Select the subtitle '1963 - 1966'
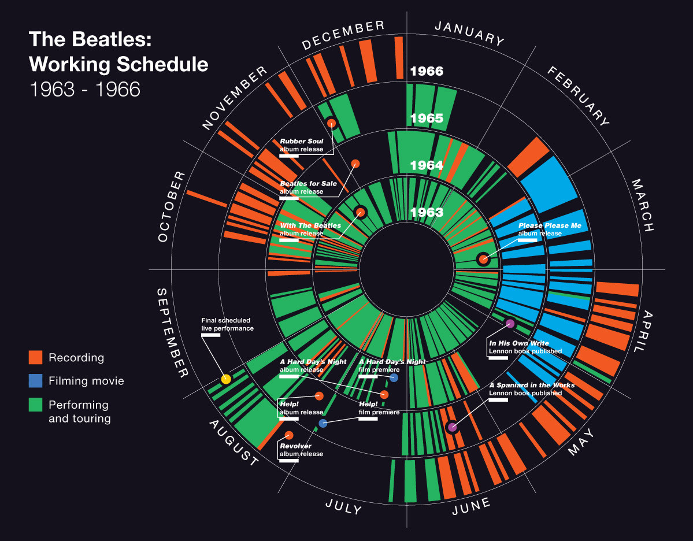[84, 89]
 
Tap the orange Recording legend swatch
[36, 357]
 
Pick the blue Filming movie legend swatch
[36, 381]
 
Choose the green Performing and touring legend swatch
[36, 405]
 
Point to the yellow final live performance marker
[226, 379]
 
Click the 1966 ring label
[427, 72]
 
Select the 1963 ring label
[427, 213]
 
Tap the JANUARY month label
[469, 33]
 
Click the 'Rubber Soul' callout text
[301, 144]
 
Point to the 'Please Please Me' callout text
[550, 229]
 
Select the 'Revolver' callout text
[301, 450]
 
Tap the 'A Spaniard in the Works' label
[532, 389]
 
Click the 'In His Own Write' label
[525, 347]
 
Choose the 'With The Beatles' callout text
[310, 229]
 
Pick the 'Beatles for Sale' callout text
[308, 187]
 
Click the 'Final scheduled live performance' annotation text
[227, 324]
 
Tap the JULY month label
[343, 506]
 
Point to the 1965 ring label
[427, 118]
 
